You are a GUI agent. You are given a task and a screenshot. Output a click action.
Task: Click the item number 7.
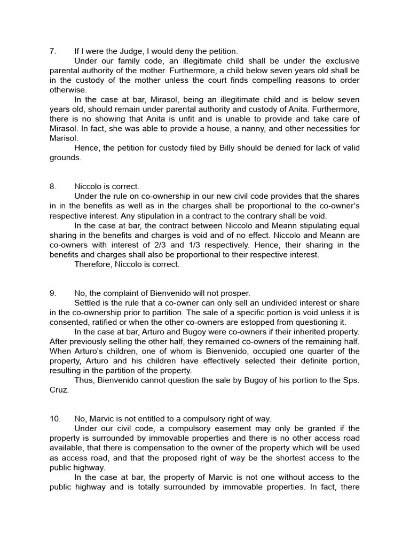52,51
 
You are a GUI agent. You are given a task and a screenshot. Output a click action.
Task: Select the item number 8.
52,186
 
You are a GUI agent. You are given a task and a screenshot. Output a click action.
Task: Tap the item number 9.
52,293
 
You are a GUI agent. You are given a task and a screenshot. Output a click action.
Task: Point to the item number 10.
54,419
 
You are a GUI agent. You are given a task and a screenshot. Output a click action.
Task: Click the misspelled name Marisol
65,138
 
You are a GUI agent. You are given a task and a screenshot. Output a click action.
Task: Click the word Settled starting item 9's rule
88,302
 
